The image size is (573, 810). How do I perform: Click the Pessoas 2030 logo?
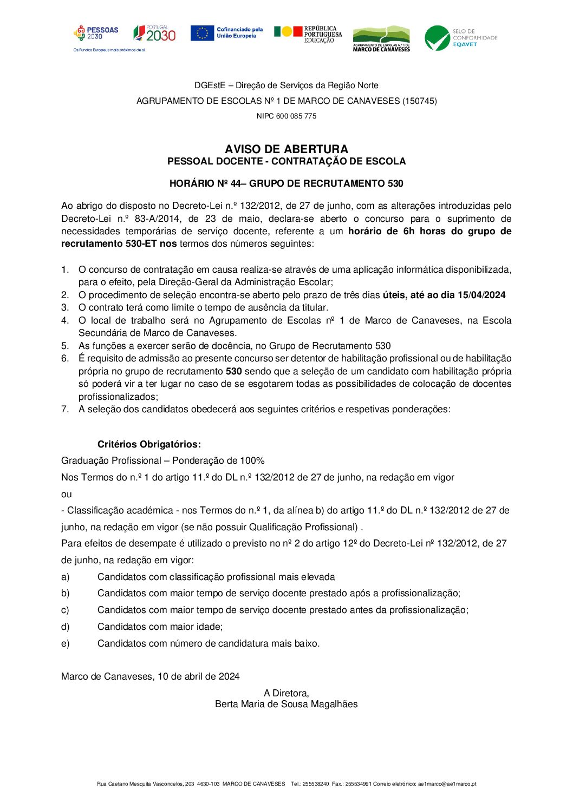tap(96, 34)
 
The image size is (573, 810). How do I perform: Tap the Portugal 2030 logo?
tap(154, 34)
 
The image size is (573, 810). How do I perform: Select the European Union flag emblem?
tap(202, 33)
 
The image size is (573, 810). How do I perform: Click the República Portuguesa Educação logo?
tap(308, 34)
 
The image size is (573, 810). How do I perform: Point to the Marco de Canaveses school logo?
tap(381, 39)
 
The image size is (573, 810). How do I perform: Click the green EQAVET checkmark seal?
tap(437, 38)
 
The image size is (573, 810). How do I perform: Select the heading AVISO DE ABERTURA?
tap(286, 149)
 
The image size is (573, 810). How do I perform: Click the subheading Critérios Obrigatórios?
tap(149, 444)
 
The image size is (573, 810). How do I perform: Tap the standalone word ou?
tap(67, 494)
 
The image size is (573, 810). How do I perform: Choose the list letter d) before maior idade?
tap(66, 627)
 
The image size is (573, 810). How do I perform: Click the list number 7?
tap(65, 409)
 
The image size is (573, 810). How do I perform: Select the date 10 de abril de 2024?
tap(199, 676)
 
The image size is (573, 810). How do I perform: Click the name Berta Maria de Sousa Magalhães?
tap(286, 704)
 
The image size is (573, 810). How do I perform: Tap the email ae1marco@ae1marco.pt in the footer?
tap(447, 784)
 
